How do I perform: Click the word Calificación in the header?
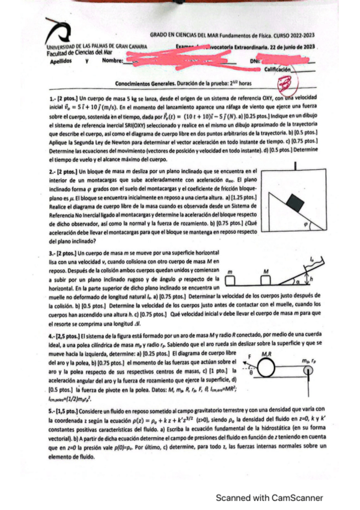pyautogui.click(x=278, y=70)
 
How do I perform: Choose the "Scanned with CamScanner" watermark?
pyautogui.click(x=269, y=497)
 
